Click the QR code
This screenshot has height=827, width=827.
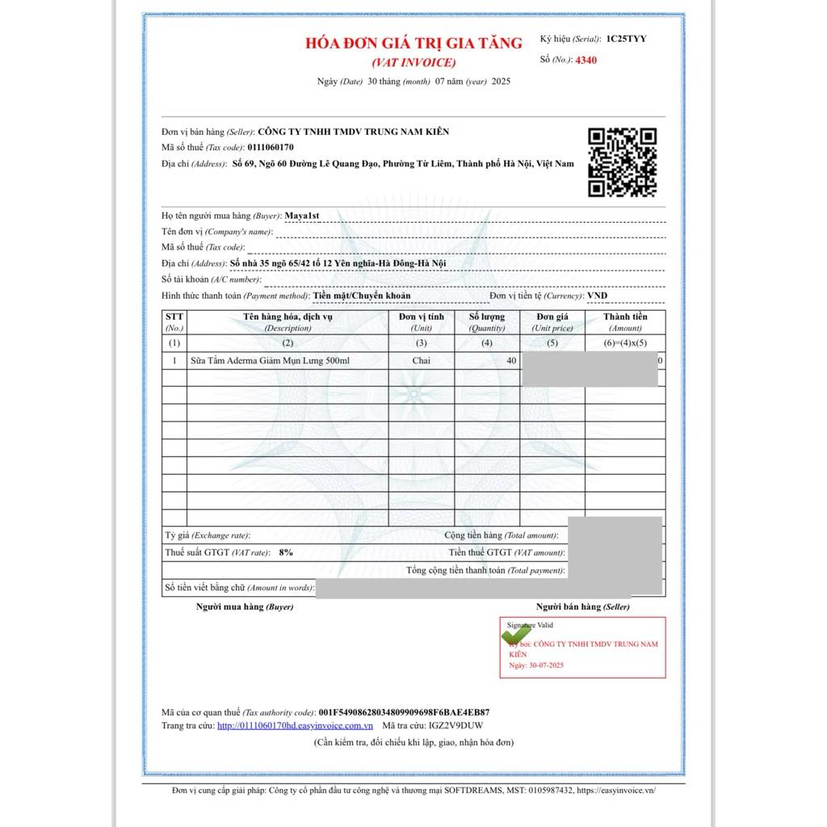(x=622, y=162)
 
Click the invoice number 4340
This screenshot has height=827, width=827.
(x=586, y=60)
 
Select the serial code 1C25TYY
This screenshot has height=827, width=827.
(x=626, y=39)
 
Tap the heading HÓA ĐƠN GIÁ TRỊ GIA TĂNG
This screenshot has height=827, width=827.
(x=413, y=44)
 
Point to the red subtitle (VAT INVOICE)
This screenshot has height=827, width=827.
(x=413, y=62)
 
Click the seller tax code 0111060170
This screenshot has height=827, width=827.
(x=271, y=148)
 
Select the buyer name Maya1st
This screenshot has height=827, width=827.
(x=303, y=216)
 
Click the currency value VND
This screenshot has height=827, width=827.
(x=598, y=296)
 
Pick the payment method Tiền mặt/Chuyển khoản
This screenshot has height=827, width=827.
(x=362, y=296)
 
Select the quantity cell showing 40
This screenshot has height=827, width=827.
(x=511, y=360)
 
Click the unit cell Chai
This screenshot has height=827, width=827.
(x=421, y=360)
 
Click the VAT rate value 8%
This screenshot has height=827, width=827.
(x=286, y=552)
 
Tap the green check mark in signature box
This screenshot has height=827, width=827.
(x=515, y=636)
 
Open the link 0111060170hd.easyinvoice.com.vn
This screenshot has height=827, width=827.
(x=289, y=725)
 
